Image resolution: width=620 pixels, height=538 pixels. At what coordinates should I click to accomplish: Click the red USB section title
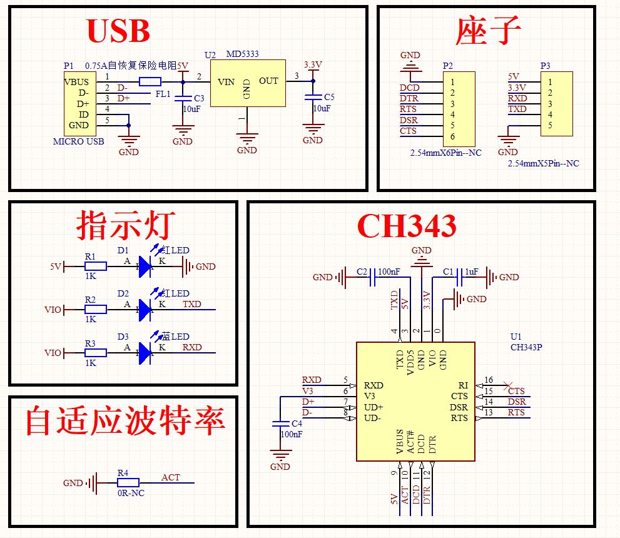118,31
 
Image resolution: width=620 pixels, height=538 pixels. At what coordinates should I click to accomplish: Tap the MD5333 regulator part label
241,54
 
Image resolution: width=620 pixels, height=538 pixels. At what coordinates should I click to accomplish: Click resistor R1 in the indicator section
95,266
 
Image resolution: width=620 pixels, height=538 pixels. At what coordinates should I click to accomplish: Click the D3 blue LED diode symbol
145,353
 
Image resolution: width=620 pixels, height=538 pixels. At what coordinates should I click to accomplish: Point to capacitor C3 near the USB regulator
183,98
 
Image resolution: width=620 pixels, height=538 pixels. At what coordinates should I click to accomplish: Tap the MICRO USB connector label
79,141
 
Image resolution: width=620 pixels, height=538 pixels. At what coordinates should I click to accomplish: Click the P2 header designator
447,66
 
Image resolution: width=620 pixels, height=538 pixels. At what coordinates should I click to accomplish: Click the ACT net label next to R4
171,477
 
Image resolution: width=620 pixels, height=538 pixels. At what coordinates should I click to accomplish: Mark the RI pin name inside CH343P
463,385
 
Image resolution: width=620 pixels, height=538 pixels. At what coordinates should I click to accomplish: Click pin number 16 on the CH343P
489,380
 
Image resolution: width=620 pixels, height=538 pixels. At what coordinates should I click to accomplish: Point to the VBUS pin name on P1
76,81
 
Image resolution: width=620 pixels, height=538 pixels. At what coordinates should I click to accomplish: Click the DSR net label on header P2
409,120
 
